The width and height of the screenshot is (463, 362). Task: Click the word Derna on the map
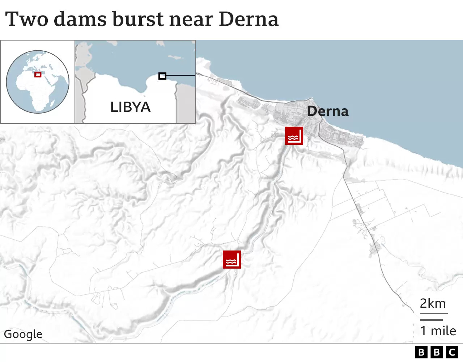tap(328, 111)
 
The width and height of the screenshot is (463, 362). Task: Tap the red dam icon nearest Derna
tap(294, 136)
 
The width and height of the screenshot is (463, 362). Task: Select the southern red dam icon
tap(231, 259)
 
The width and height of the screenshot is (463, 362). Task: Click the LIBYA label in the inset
tap(130, 107)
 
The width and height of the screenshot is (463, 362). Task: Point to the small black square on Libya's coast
tap(162, 76)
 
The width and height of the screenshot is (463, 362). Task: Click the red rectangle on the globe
tap(38, 75)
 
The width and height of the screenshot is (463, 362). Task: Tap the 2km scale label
tap(433, 303)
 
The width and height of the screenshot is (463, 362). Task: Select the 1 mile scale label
tap(438, 331)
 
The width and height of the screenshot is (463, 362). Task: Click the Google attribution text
tap(23, 334)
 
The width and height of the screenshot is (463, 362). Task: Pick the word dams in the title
tap(80, 19)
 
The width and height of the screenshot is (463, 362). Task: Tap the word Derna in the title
tap(249, 19)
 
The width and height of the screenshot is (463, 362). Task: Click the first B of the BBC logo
tap(421, 352)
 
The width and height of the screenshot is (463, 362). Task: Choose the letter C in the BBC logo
tap(452, 352)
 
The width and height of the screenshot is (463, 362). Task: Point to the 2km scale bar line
tap(434, 313)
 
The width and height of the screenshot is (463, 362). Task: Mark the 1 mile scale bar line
tap(431, 320)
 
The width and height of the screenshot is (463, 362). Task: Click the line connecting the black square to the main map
tap(181, 76)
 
